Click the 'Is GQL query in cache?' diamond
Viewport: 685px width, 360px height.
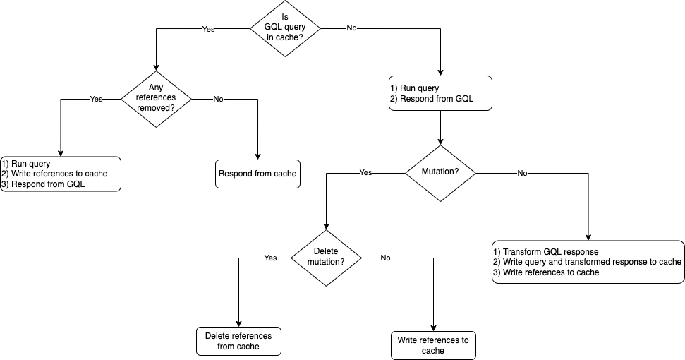pyautogui.click(x=286, y=28)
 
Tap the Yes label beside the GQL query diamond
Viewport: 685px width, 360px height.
pyautogui.click(x=208, y=30)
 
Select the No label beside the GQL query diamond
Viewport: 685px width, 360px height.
pyautogui.click(x=351, y=28)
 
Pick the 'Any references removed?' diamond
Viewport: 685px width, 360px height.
pyautogui.click(x=156, y=98)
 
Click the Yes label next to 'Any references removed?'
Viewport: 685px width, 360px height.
pyautogui.click(x=96, y=100)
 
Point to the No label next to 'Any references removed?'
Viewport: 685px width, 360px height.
pyautogui.click(x=218, y=100)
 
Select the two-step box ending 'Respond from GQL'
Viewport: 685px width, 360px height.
pyautogui.click(x=440, y=93)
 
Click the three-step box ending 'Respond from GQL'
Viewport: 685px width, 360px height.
pyautogui.click(x=60, y=174)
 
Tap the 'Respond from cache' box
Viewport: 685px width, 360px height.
pyautogui.click(x=257, y=174)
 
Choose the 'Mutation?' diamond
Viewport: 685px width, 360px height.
pyautogui.click(x=440, y=172)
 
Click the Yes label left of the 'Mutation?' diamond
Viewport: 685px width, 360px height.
pyautogui.click(x=365, y=172)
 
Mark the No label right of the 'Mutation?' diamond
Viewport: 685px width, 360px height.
pyautogui.click(x=522, y=173)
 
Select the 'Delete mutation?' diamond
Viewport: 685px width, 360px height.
pyautogui.click(x=326, y=257)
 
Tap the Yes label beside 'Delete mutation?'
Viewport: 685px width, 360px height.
pyautogui.click(x=270, y=258)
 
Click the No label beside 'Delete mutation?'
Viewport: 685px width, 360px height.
pyautogui.click(x=385, y=258)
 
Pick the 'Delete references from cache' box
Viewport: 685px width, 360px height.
pyautogui.click(x=238, y=341)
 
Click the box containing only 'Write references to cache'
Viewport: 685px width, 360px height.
pyautogui.click(x=433, y=345)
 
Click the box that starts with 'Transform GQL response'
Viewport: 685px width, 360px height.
pyautogui.click(x=588, y=262)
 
